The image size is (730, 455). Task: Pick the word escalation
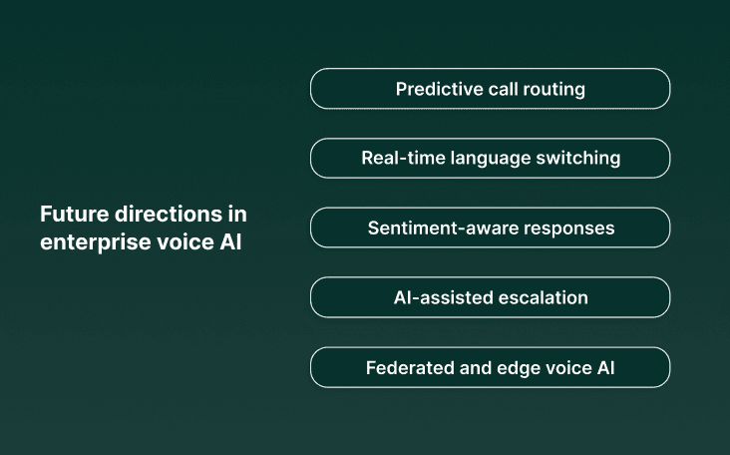click(541, 297)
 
